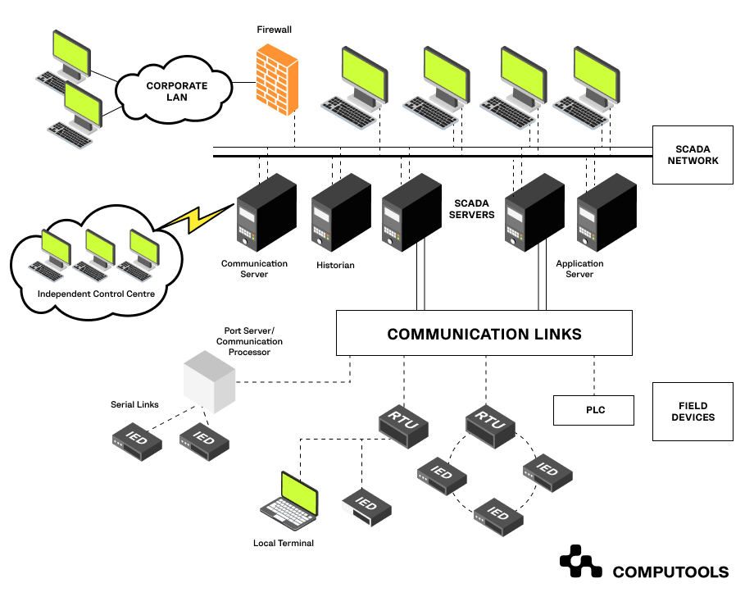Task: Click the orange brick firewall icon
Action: coord(275,79)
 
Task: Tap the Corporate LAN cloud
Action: coord(176,91)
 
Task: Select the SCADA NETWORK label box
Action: coord(693,155)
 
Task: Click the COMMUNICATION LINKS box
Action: coord(484,334)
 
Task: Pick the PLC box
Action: coord(595,410)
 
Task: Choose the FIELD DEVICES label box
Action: coord(693,411)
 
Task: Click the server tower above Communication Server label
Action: coord(265,213)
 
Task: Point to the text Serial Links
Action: coord(134,405)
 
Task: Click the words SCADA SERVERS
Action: coord(475,209)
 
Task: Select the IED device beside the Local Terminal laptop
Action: coord(366,503)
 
